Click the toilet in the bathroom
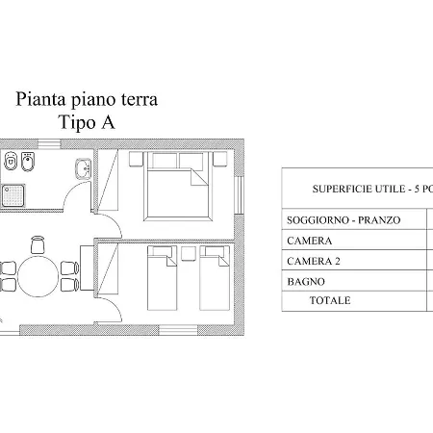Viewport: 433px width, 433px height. click(11, 161)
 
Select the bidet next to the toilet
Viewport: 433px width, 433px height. click(28, 162)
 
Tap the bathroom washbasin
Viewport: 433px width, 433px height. click(84, 168)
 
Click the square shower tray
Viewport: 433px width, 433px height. click(13, 195)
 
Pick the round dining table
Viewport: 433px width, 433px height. click(38, 276)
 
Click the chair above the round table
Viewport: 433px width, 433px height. click(38, 244)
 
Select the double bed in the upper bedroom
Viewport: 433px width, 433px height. click(178, 186)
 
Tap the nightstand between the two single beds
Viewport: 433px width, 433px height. click(189, 253)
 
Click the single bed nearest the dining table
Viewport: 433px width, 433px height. click(162, 278)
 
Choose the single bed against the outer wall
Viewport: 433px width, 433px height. click(215, 278)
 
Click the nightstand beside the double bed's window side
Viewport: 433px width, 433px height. click(220, 159)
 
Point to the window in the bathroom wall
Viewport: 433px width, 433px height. click(49, 144)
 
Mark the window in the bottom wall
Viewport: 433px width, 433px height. click(178, 330)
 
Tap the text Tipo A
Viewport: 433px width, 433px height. click(87, 122)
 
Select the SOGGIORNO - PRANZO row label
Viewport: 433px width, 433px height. click(344, 220)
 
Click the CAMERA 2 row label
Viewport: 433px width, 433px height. click(314, 261)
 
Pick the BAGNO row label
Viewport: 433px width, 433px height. click(306, 282)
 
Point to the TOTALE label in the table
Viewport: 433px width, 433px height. click(330, 300)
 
